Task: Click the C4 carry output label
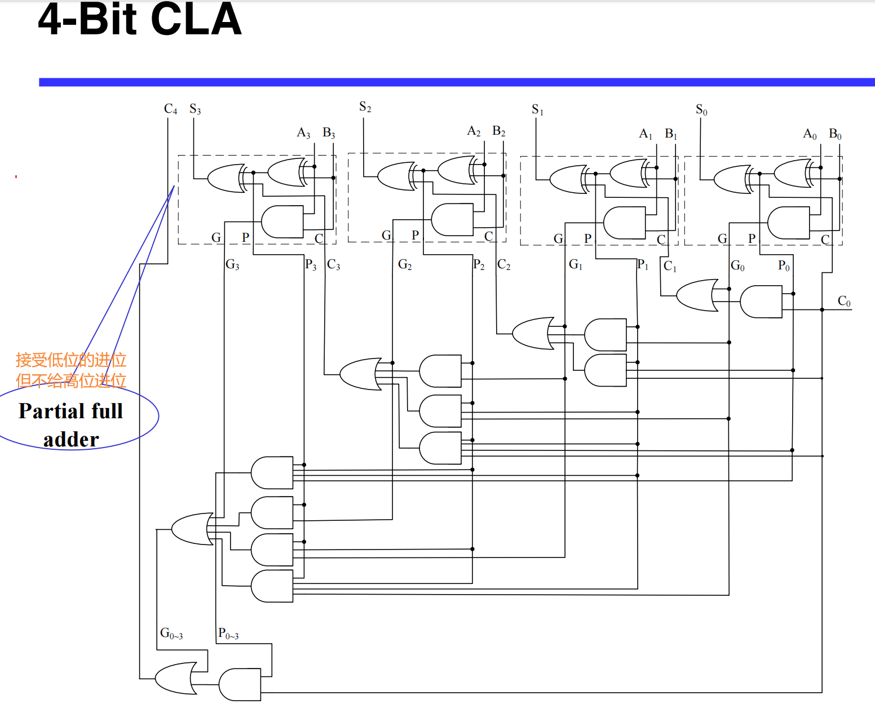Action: [170, 109]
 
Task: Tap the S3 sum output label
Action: [195, 109]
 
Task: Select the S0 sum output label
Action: [701, 109]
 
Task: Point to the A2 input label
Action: [474, 131]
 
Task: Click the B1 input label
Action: [671, 134]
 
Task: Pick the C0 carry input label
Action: [843, 301]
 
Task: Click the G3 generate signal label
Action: [232, 264]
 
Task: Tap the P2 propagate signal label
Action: [479, 264]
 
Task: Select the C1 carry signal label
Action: [670, 266]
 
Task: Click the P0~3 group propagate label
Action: [228, 634]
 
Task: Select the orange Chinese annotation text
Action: [71, 370]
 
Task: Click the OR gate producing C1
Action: [697, 295]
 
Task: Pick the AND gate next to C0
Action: [761, 302]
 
